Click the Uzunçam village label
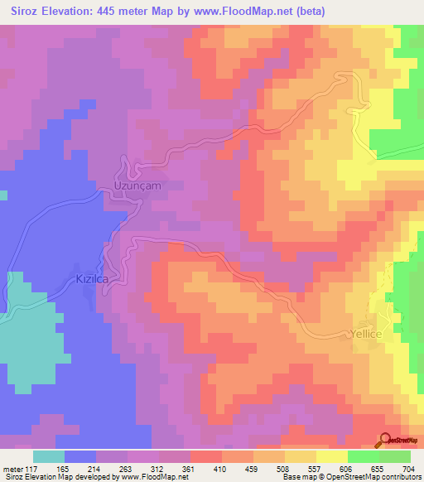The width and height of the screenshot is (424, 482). pos(137,186)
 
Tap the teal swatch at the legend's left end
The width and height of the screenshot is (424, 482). pos(48,456)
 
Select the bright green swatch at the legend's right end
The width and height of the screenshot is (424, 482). pos(394,456)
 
